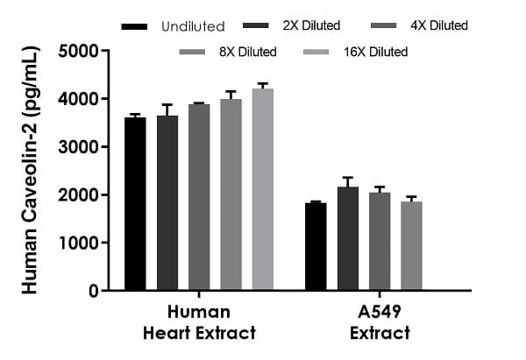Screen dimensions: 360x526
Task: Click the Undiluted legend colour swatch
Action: click(x=134, y=26)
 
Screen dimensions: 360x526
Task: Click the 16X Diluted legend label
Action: click(x=377, y=53)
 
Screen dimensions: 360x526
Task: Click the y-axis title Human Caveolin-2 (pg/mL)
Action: click(x=29, y=171)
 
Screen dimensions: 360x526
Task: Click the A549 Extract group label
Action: click(x=380, y=322)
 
